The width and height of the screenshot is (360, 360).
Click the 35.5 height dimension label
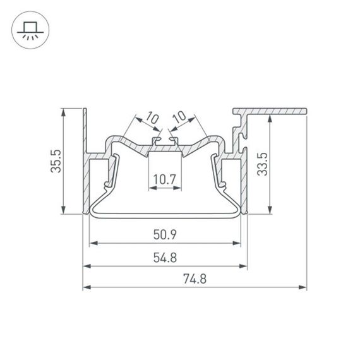pos(56,162)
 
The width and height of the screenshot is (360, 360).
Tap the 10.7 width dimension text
pos(164,179)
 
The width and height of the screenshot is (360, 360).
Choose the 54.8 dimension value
pos(164,258)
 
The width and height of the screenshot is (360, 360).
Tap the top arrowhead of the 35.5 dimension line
pos(64,112)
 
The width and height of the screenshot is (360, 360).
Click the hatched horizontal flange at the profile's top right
pos(278,111)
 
